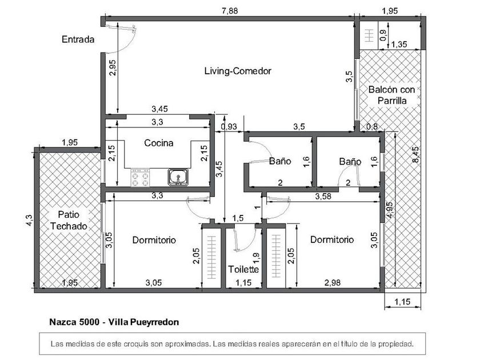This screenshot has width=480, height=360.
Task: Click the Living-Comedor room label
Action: click(x=238, y=71)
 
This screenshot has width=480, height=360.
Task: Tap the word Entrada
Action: click(x=78, y=39)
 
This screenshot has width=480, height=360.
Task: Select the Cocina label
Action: click(x=159, y=143)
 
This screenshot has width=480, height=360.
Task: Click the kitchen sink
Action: click(x=178, y=177)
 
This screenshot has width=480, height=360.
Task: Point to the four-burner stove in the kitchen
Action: click(x=140, y=178)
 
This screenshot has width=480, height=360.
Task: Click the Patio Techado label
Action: click(x=69, y=221)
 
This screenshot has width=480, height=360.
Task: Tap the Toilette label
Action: click(x=243, y=269)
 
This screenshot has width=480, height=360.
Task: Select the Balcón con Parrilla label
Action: click(x=392, y=95)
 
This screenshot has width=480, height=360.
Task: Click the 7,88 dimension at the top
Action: click(x=230, y=11)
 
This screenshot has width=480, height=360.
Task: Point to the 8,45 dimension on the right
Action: click(x=416, y=155)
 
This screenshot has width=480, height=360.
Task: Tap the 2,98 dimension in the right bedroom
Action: click(x=333, y=282)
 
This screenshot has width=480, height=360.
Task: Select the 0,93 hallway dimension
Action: click(x=229, y=126)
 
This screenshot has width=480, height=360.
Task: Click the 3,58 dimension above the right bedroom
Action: click(x=323, y=196)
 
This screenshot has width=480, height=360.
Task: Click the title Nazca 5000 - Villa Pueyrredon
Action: click(x=114, y=322)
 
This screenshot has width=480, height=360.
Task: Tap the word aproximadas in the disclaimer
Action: click(x=188, y=344)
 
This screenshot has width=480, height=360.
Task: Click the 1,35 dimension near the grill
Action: click(x=399, y=45)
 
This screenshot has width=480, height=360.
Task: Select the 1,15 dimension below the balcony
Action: click(x=402, y=302)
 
